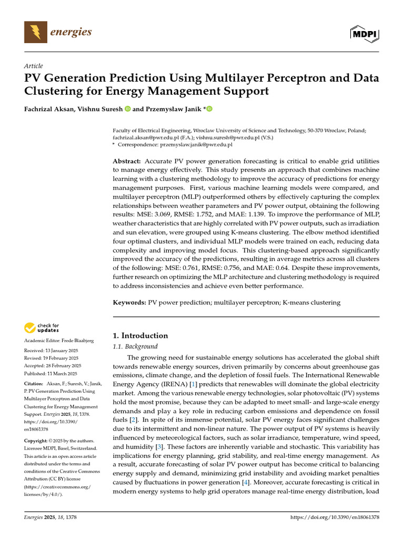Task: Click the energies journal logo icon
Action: [x=36, y=33]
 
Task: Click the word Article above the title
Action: [x=34, y=66]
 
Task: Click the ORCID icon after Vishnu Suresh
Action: [x=127, y=109]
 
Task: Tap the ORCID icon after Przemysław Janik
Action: [x=209, y=109]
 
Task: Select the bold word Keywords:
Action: [x=130, y=302]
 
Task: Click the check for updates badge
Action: [x=42, y=328]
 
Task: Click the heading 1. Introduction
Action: [x=140, y=335]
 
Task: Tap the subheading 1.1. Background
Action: [x=136, y=346]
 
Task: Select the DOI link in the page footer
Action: [x=335, y=518]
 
